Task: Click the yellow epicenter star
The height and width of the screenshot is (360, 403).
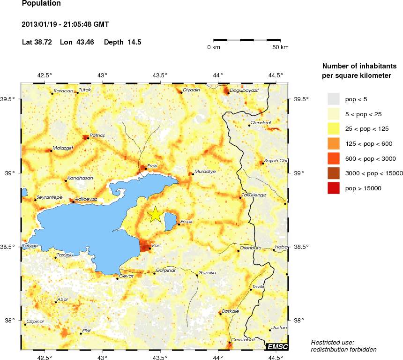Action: point(156,214)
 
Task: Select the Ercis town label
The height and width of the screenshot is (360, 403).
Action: point(152,165)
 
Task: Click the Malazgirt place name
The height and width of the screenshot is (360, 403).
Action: point(63,148)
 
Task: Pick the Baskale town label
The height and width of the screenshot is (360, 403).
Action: point(231,311)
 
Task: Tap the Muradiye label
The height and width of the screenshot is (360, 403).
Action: point(205,172)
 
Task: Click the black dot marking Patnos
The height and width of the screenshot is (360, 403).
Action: point(88,138)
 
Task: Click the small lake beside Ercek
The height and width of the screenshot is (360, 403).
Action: point(171,221)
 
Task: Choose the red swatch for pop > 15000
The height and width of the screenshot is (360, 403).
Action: point(333,188)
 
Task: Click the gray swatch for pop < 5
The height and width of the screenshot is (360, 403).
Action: point(333,99)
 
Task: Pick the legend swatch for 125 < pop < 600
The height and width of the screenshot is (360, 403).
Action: point(333,143)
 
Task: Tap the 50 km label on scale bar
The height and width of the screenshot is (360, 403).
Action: point(281,47)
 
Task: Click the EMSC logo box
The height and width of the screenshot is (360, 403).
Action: point(277,346)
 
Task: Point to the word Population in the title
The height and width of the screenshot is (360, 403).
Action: point(41,4)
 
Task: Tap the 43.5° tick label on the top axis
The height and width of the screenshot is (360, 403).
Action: point(160,75)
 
